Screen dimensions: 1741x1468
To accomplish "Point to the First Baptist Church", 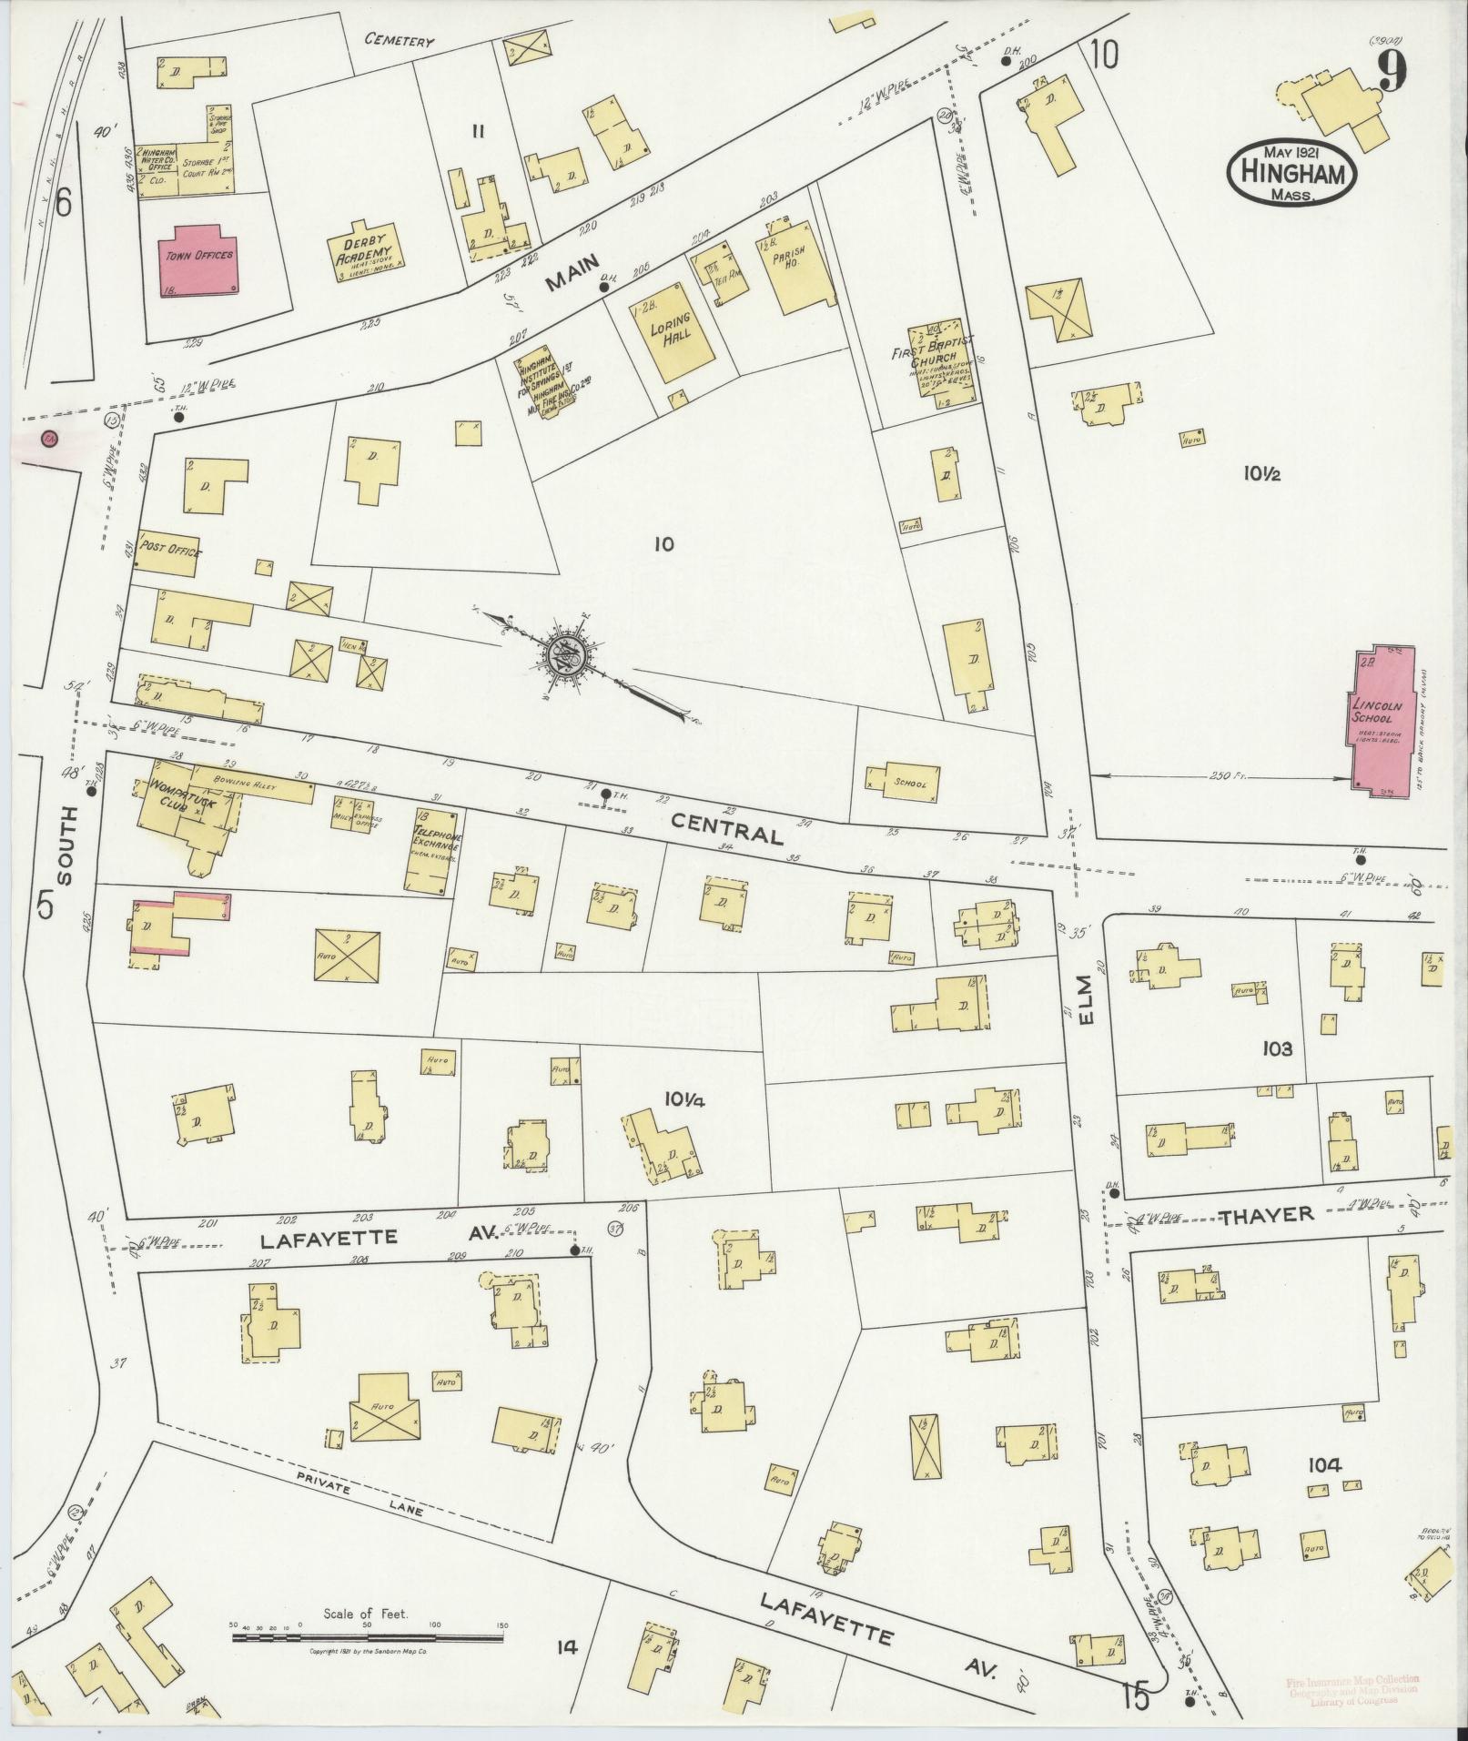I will pos(938,359).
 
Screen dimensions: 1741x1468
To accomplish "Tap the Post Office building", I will pos(167,552).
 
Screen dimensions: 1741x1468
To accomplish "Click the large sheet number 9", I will pos(1389,71).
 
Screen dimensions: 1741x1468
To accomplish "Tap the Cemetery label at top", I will pos(399,40).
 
